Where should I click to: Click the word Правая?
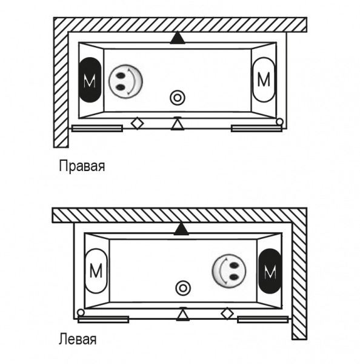point(82,166)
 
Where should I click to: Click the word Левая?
point(78,339)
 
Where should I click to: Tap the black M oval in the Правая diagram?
point(90,80)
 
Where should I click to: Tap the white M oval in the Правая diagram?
point(264,79)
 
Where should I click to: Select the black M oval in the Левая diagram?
point(270,271)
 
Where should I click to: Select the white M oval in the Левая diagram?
point(96,271)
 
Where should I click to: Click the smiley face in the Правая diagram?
point(125,81)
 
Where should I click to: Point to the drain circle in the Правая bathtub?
point(178,98)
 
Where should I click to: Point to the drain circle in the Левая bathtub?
point(183,288)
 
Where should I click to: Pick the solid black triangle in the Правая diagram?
point(178,38)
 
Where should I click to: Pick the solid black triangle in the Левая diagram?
point(181,229)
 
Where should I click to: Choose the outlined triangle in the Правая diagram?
point(178,124)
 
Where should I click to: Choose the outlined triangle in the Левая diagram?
point(183,314)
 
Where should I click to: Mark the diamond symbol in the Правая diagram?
point(138,123)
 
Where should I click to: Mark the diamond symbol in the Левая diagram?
point(227,314)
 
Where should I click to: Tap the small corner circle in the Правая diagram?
point(280,122)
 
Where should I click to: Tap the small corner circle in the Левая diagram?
point(81,312)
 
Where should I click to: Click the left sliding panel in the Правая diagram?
point(97,129)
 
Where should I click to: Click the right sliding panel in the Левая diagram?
point(263,320)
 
